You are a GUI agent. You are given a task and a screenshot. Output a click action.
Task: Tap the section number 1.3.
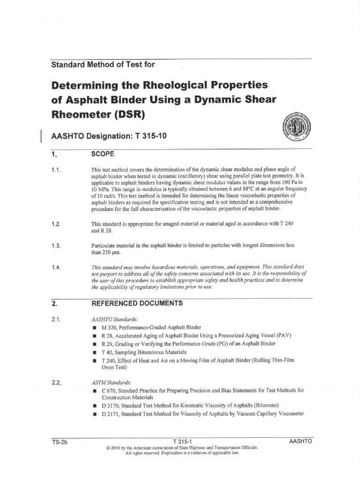tap(57, 246)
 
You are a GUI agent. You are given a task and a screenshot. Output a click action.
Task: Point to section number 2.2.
tap(57, 383)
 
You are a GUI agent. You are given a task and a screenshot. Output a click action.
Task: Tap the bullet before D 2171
tap(94, 413)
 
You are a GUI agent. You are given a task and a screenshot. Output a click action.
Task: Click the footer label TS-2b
tap(60, 441)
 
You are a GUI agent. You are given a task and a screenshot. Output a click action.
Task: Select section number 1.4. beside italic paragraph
tap(57, 267)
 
